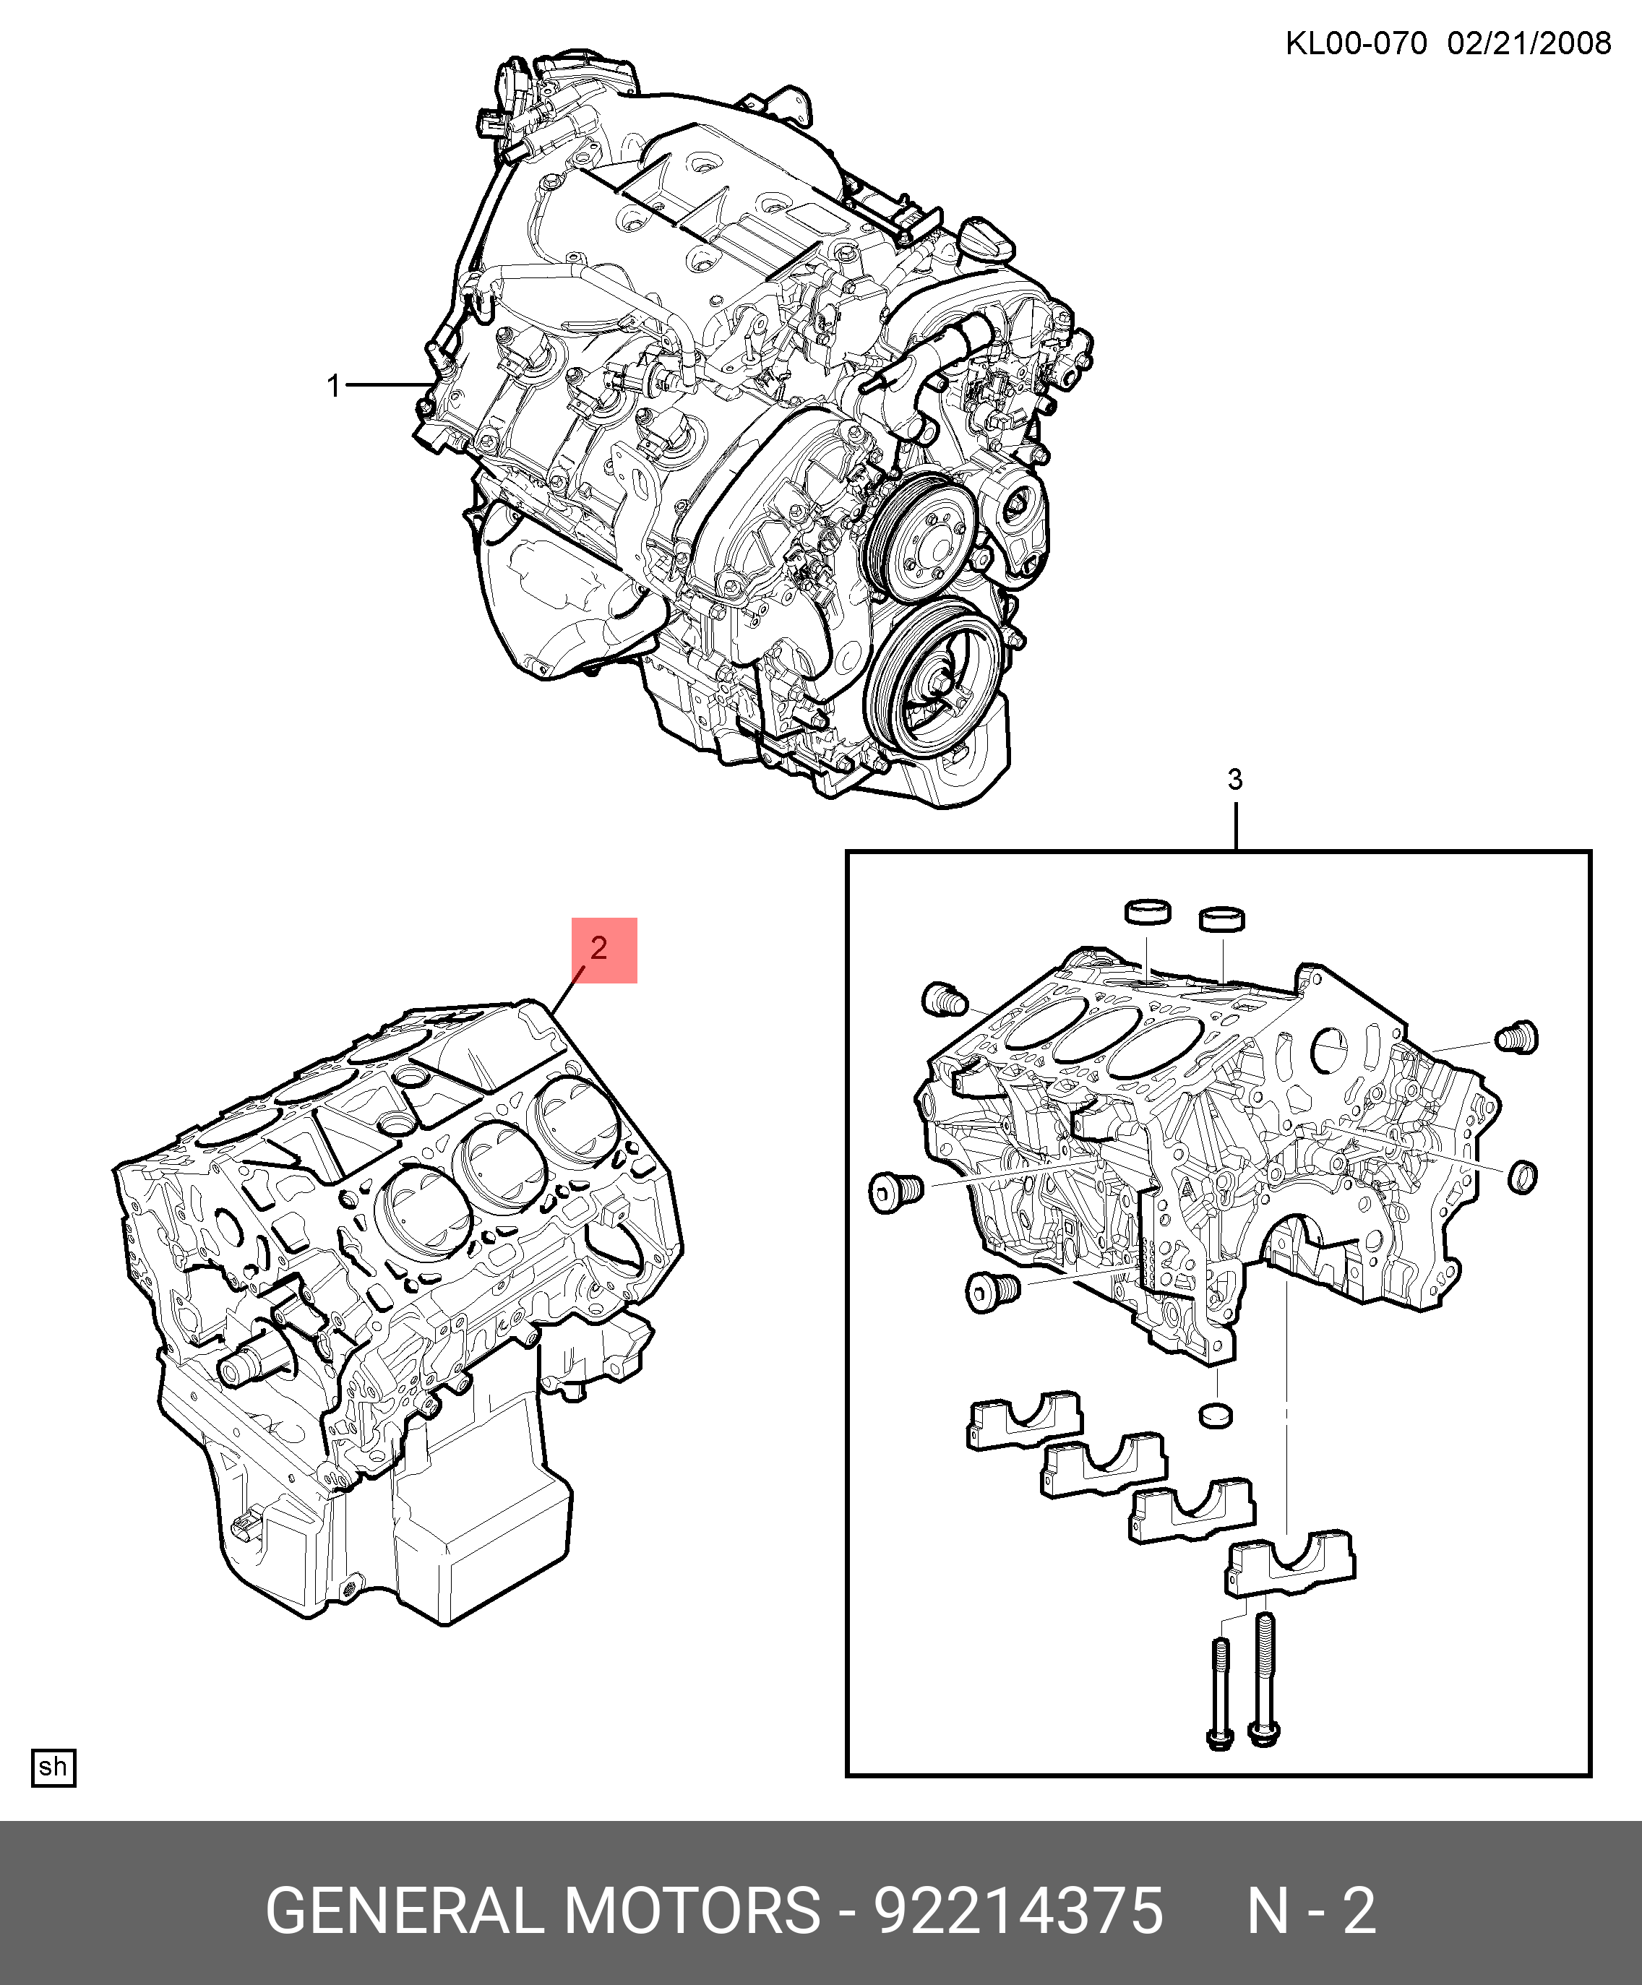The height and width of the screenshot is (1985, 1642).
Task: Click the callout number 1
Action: click(x=332, y=386)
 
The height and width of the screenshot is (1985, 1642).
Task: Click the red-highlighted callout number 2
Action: click(x=598, y=948)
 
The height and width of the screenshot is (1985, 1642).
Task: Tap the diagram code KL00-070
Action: click(x=1356, y=43)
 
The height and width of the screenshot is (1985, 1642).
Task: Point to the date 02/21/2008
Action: click(x=1529, y=43)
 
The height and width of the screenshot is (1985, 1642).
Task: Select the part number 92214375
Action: click(x=1018, y=1911)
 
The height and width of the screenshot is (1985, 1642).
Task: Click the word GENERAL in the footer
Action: click(x=405, y=1911)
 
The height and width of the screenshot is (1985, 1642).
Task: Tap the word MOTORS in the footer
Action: click(x=693, y=1911)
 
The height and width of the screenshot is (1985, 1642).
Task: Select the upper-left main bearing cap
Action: click(x=1025, y=1421)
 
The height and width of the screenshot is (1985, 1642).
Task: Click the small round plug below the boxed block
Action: click(x=1216, y=1415)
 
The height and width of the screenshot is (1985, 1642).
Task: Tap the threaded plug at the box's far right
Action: click(x=1516, y=1037)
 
